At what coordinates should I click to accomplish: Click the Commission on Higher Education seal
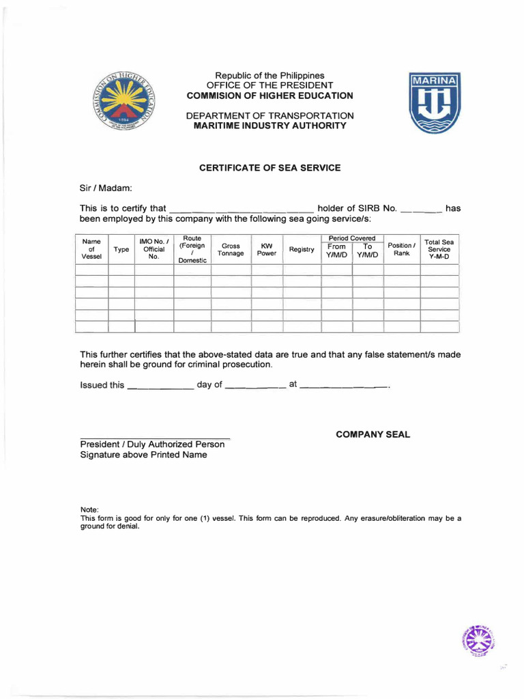tap(123, 104)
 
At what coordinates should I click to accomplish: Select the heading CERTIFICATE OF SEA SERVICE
tap(270, 167)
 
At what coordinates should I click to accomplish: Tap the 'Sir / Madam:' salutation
tap(106, 188)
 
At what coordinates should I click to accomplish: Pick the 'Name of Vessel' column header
tap(91, 249)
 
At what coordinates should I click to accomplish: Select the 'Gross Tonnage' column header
tap(231, 250)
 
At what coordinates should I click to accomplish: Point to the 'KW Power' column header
tap(267, 250)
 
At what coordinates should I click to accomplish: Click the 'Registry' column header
tap(302, 250)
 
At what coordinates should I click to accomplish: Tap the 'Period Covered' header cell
tap(352, 238)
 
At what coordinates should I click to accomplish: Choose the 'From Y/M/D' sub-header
tap(336, 251)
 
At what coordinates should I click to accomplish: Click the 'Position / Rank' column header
tap(401, 250)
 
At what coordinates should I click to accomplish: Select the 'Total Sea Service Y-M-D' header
tap(439, 250)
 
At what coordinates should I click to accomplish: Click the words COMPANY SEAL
tap(373, 435)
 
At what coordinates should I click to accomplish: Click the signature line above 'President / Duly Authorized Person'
tap(155, 436)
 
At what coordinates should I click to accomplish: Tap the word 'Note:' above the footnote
tap(90, 510)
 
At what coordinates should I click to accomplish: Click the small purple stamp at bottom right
tap(478, 641)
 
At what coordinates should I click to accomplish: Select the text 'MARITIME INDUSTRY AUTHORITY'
tap(270, 126)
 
